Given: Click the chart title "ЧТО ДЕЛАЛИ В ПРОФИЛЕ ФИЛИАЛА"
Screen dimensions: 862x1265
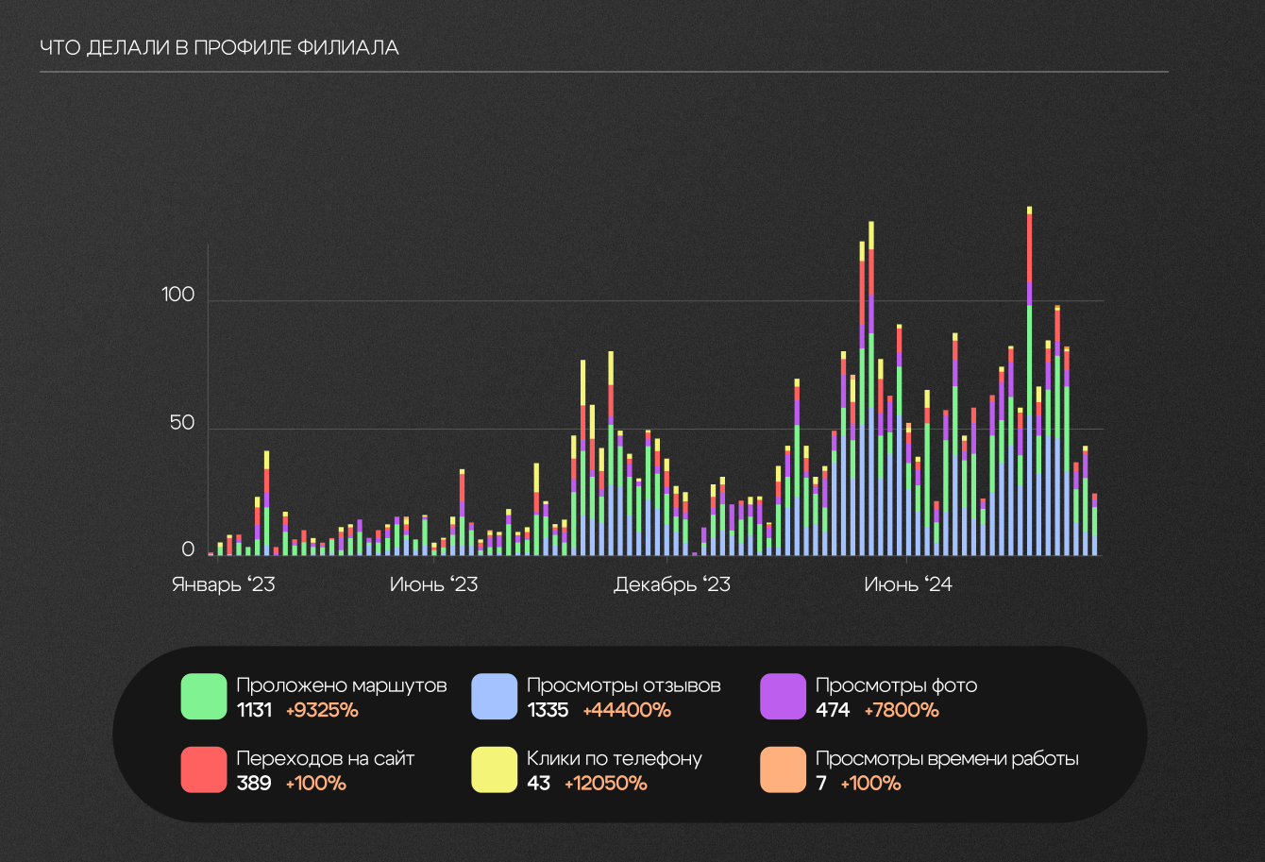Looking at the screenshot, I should (219, 48).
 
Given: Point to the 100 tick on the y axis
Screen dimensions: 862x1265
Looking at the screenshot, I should (177, 295).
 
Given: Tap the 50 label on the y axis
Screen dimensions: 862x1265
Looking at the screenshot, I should (182, 423).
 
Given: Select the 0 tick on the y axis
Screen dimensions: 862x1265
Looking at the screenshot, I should (188, 549).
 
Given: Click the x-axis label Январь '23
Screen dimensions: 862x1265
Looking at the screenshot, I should (223, 584).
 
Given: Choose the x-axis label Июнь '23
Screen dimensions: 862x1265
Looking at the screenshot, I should (433, 584).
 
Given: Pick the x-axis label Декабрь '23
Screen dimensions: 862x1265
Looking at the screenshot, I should (671, 584).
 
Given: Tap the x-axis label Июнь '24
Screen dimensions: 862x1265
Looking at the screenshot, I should (907, 584).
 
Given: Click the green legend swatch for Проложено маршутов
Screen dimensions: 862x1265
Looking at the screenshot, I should (204, 697).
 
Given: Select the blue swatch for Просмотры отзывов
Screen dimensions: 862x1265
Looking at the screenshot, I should (495, 697).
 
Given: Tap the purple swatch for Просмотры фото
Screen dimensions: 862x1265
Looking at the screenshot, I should (784, 697).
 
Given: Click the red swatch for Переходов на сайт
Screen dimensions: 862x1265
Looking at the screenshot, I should (204, 769).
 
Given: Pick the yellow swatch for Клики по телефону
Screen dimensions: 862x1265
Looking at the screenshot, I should (495, 769).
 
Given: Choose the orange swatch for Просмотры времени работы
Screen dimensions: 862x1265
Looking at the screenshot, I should (784, 769).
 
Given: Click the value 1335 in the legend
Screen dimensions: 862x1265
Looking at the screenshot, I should (548, 710).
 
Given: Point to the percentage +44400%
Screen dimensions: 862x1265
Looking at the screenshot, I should (627, 710).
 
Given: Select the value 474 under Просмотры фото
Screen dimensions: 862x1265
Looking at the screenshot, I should (833, 710).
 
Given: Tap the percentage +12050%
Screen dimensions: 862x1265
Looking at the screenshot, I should (605, 783).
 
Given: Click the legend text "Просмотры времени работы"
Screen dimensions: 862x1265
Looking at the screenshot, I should (947, 758).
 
